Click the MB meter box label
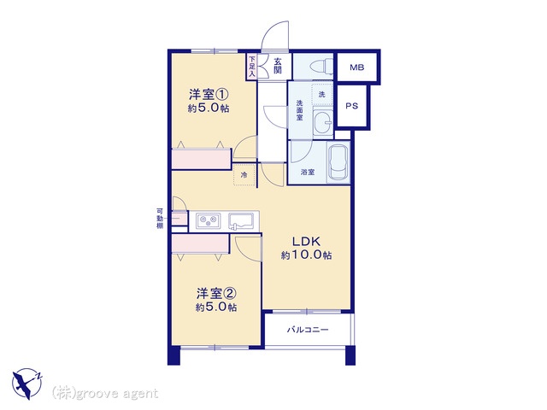pos(357,67)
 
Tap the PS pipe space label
pos(351,106)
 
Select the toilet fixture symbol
pos(322,67)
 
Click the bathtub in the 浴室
pos(338,162)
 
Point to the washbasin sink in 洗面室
pos(323,122)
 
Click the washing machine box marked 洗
pos(322,94)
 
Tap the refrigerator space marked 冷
pos(244,174)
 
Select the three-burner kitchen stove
pos(209,220)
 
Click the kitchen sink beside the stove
pos(241,221)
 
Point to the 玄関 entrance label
pos(277,66)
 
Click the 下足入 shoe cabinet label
pos(252,67)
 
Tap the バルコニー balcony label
pos(308,330)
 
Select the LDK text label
pos(306,241)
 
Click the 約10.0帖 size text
pos(306,255)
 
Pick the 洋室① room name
pos(209,94)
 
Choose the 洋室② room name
pos(216,294)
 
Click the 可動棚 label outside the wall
pos(160,219)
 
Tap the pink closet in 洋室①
pos(202,159)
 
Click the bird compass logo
pos(27,384)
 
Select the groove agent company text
pos(105,394)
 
